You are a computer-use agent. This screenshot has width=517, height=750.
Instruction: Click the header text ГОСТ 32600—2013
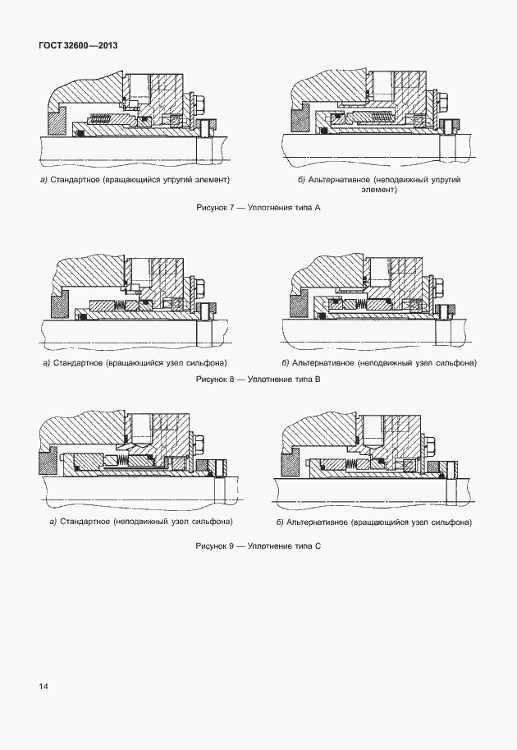(78, 45)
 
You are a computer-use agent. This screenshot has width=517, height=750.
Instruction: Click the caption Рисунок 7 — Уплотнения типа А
(258, 208)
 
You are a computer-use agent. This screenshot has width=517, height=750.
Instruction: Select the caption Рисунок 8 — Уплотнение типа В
(258, 380)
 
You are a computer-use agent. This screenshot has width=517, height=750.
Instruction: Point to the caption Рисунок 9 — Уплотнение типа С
(258, 545)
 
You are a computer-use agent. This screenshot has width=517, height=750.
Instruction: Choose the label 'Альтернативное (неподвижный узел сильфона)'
(378, 362)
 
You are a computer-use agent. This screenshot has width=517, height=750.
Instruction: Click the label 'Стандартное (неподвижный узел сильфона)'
(140, 522)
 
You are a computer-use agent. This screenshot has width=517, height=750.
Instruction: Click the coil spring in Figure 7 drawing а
(102, 120)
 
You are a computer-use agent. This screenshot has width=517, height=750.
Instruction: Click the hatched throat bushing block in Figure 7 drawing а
(56, 123)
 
